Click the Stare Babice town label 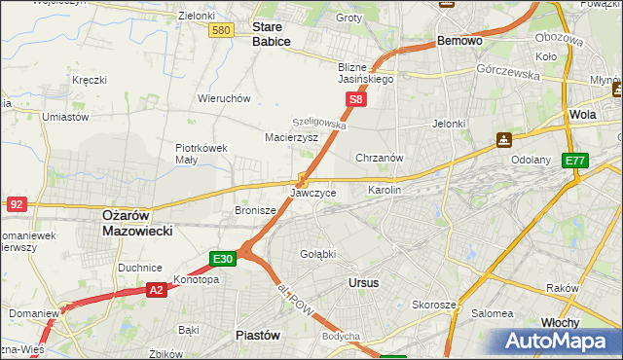(x=273, y=35)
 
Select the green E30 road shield (x=223, y=259)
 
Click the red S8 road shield (x=356, y=99)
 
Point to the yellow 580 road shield (x=221, y=31)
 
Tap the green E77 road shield (x=575, y=161)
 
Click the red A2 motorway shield (x=157, y=289)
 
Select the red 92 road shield (x=16, y=203)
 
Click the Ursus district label (x=363, y=282)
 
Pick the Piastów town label (x=258, y=334)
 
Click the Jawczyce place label (x=313, y=194)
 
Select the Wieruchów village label (x=225, y=98)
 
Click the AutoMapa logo (x=556, y=342)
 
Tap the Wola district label (x=582, y=114)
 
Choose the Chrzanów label (x=380, y=158)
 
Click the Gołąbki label (x=317, y=254)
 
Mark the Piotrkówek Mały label (x=202, y=154)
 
